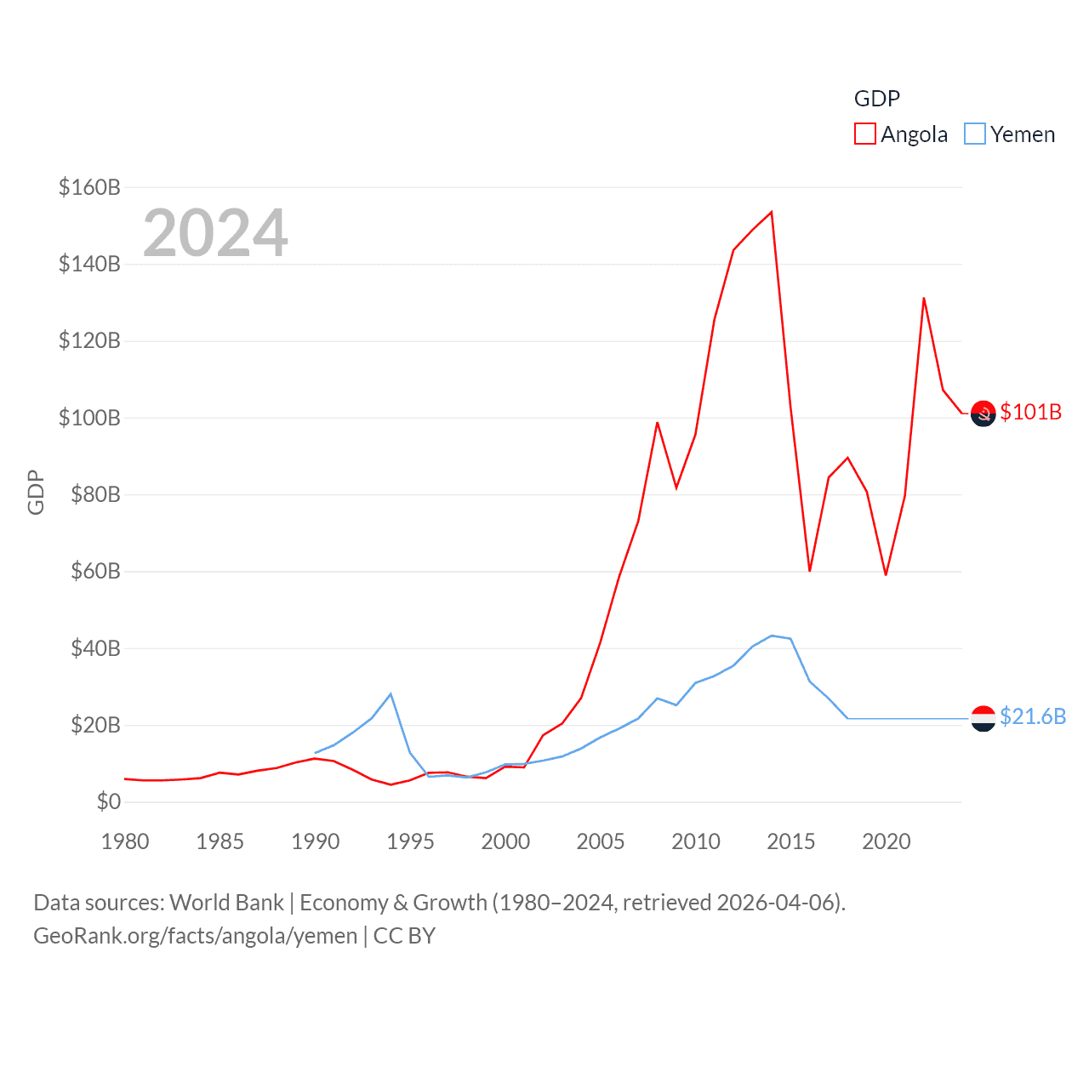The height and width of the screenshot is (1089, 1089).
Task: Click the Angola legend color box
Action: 864,134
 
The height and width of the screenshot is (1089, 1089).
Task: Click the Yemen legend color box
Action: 975,134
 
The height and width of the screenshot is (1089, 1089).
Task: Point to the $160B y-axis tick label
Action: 89,187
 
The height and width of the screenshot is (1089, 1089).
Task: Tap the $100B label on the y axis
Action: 89,418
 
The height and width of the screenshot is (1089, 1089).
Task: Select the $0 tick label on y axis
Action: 109,801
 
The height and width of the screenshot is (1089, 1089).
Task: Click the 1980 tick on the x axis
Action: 125,841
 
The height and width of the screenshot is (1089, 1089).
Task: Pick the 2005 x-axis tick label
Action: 601,841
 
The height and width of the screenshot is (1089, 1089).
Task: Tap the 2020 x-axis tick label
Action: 886,841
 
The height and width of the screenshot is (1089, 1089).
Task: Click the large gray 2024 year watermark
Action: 215,233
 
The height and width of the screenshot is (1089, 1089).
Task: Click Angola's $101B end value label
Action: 1030,412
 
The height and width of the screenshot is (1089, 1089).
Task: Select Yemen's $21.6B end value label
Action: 1032,716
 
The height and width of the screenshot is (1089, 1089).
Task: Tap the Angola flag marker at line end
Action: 983,413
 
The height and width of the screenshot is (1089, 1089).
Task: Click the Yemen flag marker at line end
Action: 983,719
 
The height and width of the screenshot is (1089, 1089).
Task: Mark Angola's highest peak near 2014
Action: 772,212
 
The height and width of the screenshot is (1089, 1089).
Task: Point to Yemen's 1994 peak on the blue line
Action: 391,694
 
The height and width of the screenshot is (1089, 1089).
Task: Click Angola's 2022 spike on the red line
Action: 924,298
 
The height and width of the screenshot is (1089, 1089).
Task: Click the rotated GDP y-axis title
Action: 36,492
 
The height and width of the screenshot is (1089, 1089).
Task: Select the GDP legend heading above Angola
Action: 876,99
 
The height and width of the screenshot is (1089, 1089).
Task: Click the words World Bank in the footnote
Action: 226,902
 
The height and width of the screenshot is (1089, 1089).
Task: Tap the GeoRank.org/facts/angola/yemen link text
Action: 196,936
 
